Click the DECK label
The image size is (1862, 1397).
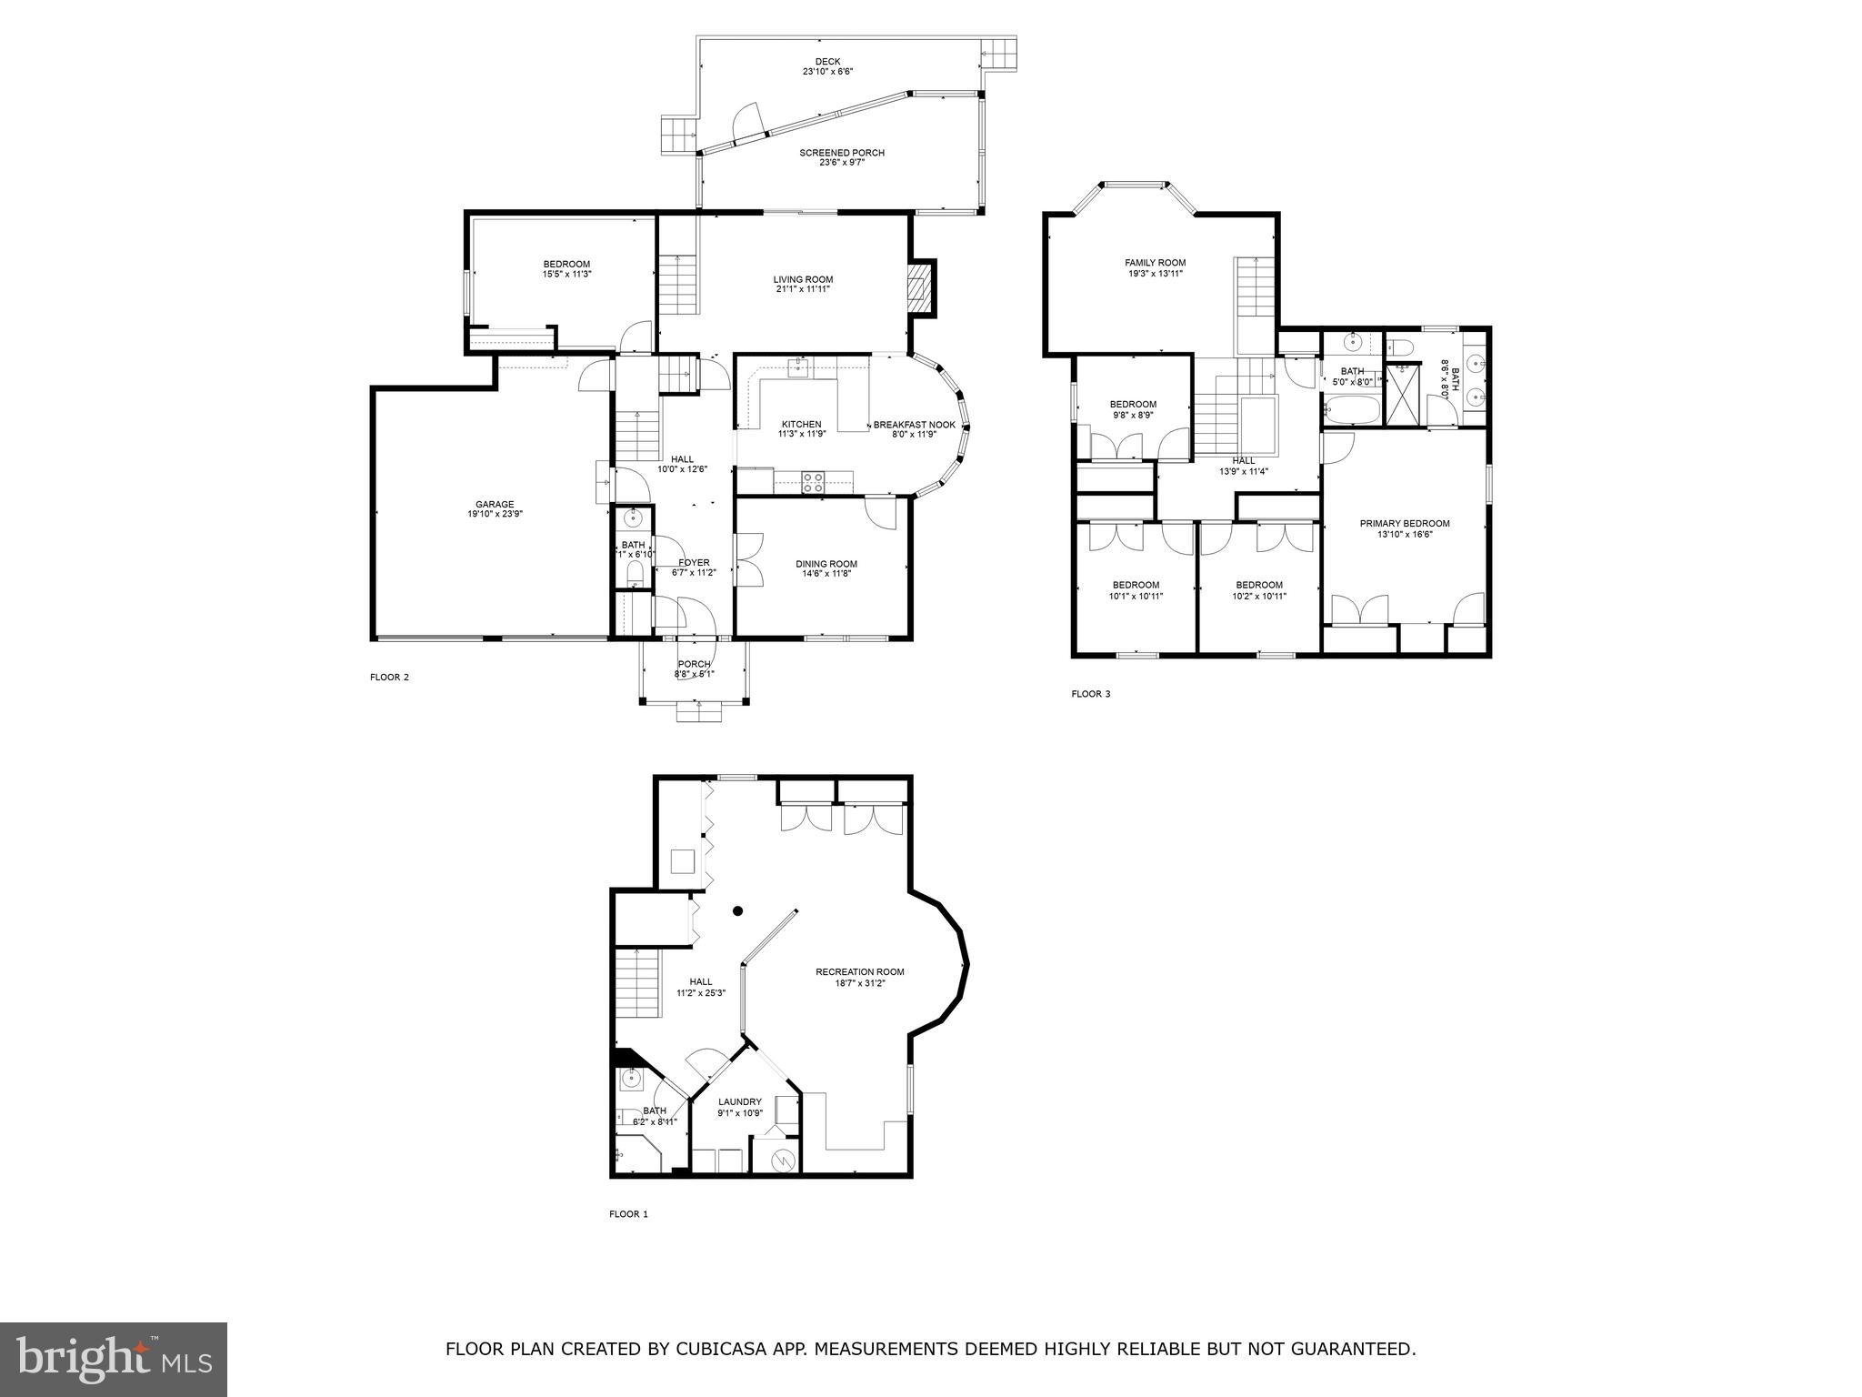coord(827,62)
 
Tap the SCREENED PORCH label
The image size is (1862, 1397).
coord(841,153)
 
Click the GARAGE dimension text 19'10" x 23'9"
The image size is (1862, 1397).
coord(495,514)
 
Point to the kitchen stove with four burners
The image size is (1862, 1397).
coord(813,482)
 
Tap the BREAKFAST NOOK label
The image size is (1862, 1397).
coord(914,425)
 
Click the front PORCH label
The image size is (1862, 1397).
coord(694,664)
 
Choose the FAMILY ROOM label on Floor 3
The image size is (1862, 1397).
coord(1155,263)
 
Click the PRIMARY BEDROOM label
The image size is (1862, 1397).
coord(1404,524)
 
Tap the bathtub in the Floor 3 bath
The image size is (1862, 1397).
coord(1350,410)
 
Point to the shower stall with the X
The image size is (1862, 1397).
coord(1401,393)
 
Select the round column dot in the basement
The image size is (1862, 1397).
coord(737,910)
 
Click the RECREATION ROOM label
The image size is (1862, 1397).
coord(859,971)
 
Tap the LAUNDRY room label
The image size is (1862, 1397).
coord(739,1101)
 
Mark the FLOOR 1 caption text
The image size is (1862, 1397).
coord(628,1214)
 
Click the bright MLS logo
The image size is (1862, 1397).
coord(114,1359)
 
